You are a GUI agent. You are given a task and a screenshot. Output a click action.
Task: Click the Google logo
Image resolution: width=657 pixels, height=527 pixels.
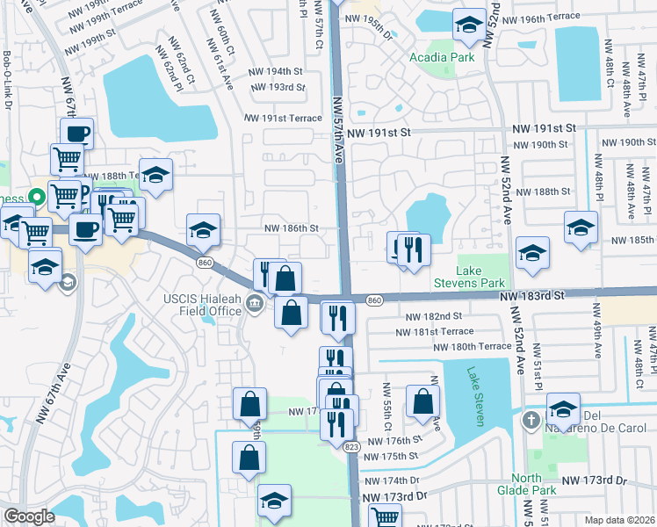29,516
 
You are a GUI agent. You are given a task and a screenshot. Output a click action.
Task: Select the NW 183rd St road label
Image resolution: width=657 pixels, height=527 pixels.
532,297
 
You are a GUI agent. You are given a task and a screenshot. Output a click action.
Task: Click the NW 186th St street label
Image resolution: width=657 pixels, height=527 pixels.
291,228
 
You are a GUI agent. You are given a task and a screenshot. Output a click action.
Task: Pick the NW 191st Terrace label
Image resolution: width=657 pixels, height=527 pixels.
283,118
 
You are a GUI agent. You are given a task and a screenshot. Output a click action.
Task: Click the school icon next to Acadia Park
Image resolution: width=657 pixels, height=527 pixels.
469,25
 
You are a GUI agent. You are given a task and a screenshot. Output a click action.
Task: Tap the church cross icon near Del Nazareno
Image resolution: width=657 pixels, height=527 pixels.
531,421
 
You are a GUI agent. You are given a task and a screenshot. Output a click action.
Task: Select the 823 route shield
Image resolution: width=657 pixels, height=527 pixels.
351,446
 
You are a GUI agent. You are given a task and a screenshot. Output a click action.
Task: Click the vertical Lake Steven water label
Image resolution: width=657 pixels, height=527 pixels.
476,396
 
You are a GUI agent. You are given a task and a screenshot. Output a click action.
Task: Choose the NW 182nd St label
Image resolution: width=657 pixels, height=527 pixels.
434,316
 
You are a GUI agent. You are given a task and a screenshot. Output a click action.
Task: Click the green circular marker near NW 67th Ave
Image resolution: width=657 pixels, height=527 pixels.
37,196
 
